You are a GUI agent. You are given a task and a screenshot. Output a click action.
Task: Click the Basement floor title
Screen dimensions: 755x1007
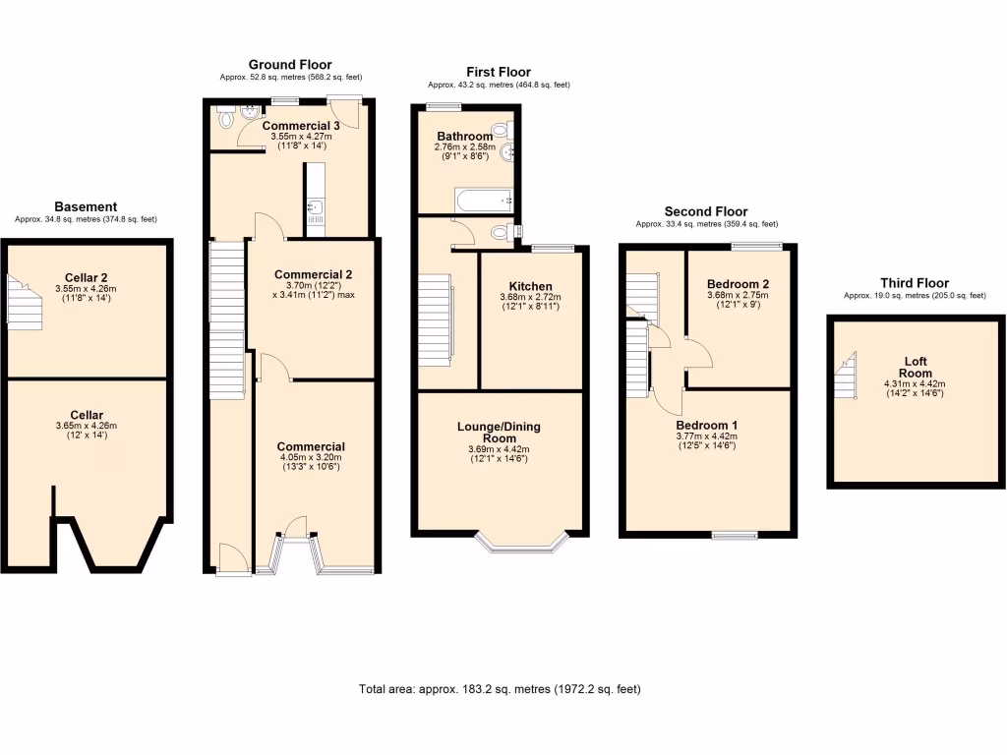86,206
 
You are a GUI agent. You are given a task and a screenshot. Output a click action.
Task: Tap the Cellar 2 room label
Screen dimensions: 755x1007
86,277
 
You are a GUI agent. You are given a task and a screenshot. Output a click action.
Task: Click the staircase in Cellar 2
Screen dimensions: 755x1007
23,299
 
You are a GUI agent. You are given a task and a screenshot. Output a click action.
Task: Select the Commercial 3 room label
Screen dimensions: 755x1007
301,126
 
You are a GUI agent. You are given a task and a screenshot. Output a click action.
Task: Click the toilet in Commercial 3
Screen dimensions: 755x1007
226,117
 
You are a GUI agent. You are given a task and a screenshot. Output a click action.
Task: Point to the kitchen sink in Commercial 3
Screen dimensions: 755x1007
314,206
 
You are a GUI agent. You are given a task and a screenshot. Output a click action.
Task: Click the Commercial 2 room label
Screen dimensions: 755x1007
313,274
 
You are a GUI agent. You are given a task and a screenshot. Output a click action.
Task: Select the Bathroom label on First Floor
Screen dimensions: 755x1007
465,137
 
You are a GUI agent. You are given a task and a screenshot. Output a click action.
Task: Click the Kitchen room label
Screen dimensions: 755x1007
529,286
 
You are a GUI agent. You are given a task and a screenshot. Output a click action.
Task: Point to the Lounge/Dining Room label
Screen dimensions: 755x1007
499,433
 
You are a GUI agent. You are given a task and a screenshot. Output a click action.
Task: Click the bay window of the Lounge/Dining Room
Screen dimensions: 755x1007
521,542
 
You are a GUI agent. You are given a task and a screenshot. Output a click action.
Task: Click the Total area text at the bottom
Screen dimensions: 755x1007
500,689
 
